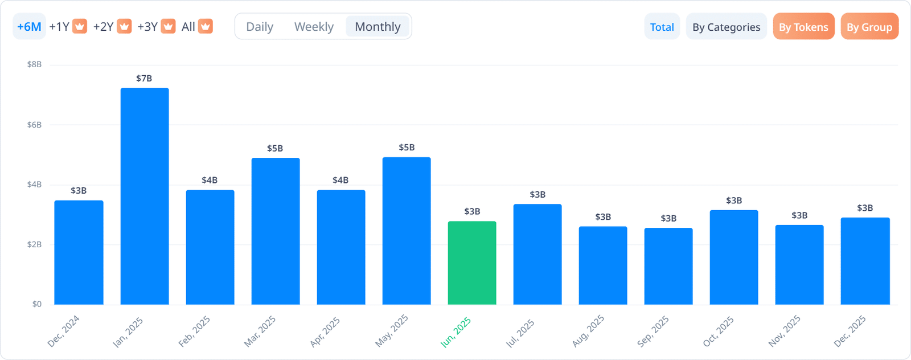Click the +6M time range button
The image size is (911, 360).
pyautogui.click(x=29, y=27)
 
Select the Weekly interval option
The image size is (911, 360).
pyautogui.click(x=314, y=27)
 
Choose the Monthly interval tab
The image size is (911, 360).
pyautogui.click(x=377, y=27)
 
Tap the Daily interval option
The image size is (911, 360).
pyautogui.click(x=260, y=27)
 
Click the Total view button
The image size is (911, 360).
pyautogui.click(x=662, y=27)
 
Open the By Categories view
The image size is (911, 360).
pyautogui.click(x=726, y=27)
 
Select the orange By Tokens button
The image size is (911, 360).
pyautogui.click(x=803, y=27)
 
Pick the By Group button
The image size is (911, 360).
pyautogui.click(x=869, y=27)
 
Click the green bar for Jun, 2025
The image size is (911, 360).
pyautogui.click(x=472, y=263)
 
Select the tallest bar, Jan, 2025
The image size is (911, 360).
pyautogui.click(x=145, y=196)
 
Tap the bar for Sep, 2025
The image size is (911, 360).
pyautogui.click(x=668, y=266)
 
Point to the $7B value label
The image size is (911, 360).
pyautogui.click(x=144, y=79)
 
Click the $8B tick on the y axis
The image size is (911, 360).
pyautogui.click(x=35, y=64)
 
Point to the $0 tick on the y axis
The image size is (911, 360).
pyautogui.click(x=37, y=304)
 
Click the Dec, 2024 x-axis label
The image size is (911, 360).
pyautogui.click(x=63, y=331)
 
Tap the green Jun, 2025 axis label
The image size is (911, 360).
pyautogui.click(x=455, y=332)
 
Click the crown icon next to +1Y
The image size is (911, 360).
pyautogui.click(x=80, y=27)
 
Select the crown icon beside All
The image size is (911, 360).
pyautogui.click(x=206, y=27)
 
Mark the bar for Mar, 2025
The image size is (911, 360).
pyautogui.click(x=276, y=231)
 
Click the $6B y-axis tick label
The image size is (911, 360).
pyautogui.click(x=35, y=125)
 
